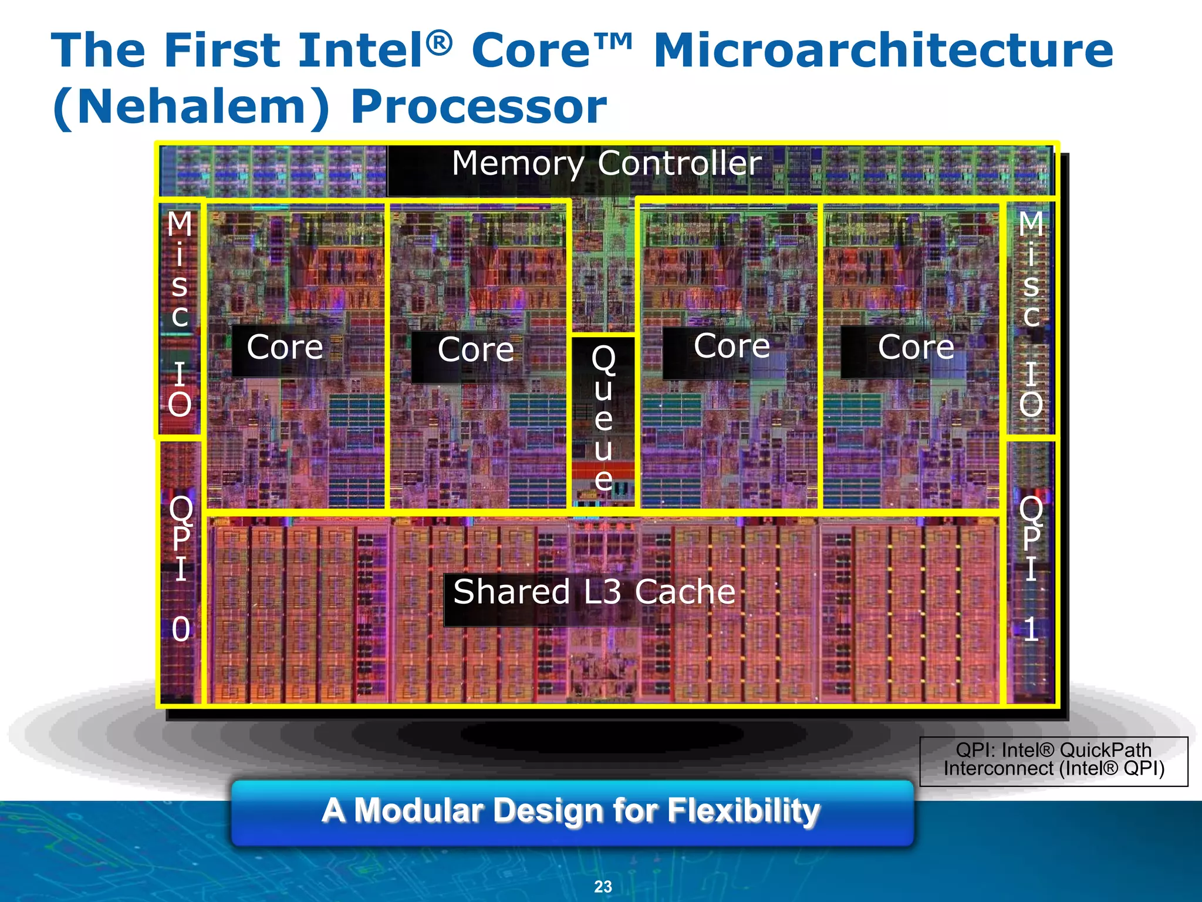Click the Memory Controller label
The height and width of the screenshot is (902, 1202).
tap(606, 163)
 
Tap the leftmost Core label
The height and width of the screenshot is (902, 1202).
tap(285, 348)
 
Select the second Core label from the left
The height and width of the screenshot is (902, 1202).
tap(475, 350)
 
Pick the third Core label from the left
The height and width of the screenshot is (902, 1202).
tap(731, 346)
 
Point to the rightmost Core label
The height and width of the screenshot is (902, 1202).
tap(916, 348)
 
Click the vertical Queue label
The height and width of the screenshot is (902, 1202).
tap(603, 418)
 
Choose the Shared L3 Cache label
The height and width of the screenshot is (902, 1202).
tap(594, 592)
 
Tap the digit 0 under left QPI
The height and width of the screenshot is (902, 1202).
tap(181, 630)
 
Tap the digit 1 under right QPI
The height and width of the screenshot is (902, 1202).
tap(1031, 630)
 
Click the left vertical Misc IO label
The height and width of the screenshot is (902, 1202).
tap(180, 314)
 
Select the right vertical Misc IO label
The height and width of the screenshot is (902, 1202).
tap(1031, 314)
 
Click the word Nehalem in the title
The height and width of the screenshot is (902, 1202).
tap(191, 107)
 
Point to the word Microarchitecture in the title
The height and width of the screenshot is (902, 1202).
tap(883, 51)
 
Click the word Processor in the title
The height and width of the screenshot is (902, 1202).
tap(478, 107)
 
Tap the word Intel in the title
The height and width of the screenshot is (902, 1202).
tap(360, 51)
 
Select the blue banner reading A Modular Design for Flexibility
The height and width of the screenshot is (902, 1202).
tap(572, 813)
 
